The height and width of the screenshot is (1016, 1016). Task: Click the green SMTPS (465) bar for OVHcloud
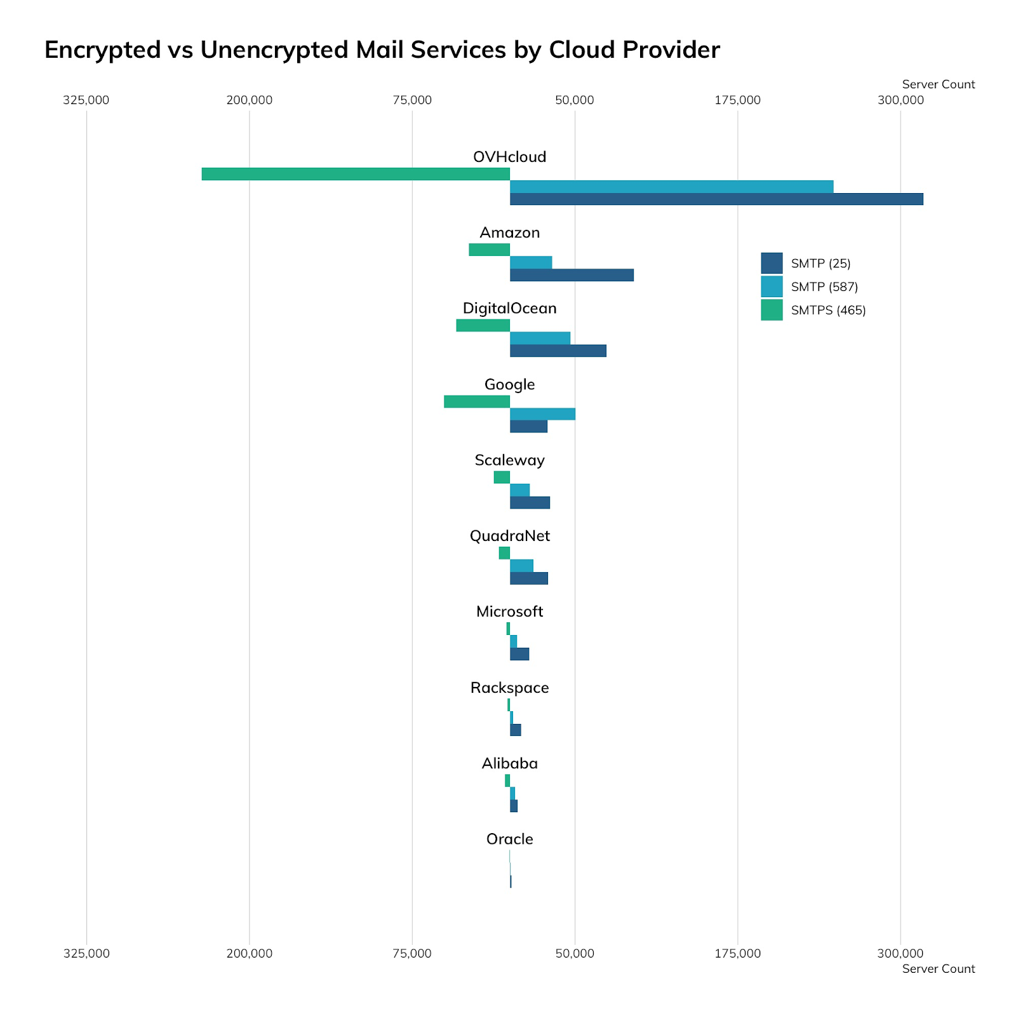356,174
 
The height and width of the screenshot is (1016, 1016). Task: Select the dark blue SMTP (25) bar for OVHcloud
716,199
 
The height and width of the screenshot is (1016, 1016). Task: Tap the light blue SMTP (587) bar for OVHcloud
671,187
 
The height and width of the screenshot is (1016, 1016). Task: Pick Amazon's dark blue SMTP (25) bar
571,275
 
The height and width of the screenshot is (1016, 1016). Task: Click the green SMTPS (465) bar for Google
477,401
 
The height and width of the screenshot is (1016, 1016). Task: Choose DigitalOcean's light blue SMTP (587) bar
540,338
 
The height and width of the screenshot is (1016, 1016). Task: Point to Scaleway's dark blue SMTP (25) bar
530,503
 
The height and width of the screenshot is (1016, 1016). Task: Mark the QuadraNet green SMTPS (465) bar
504,553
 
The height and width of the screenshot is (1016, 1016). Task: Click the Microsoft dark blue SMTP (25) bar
519,654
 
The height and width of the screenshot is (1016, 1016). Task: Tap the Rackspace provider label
509,688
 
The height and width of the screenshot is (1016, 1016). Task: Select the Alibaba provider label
509,763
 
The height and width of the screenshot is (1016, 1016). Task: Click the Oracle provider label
509,839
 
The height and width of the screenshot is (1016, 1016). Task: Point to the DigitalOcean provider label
509,309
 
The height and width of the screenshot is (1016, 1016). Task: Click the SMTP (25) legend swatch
772,263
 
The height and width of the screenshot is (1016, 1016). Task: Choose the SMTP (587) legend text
824,287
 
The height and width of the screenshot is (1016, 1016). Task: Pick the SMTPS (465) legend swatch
772,310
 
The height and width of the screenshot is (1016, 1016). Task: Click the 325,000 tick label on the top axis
86,100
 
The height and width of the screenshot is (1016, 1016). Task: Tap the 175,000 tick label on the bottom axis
737,953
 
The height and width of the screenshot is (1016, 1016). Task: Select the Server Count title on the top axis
938,84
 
